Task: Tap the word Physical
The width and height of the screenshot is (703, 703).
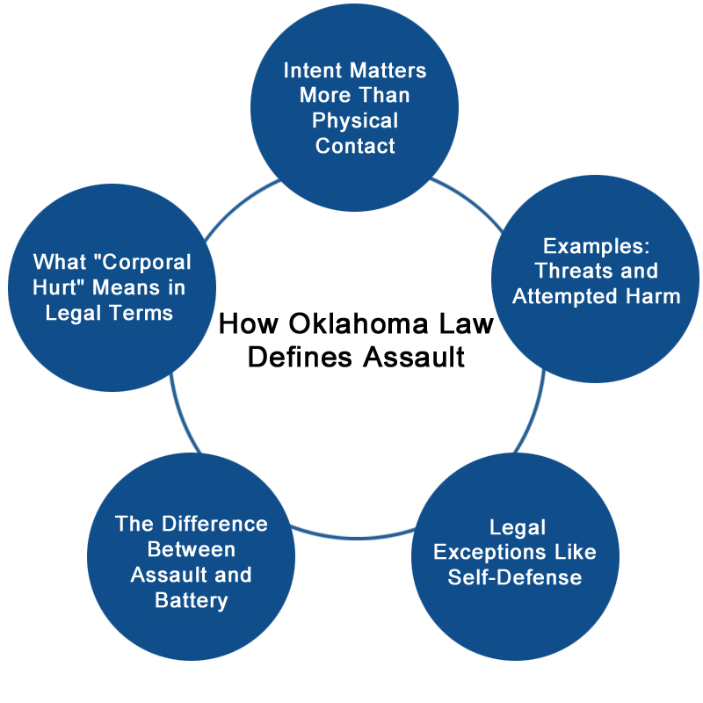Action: click(x=355, y=120)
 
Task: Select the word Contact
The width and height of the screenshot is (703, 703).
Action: click(x=355, y=146)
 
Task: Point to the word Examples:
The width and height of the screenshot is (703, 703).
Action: click(x=596, y=245)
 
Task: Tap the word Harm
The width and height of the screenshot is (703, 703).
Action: click(x=657, y=296)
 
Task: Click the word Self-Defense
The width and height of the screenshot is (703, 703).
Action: click(x=515, y=577)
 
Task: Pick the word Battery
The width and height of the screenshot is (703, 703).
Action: click(x=192, y=600)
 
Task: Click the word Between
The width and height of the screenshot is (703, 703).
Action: click(x=192, y=549)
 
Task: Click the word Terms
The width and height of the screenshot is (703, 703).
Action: click(x=144, y=313)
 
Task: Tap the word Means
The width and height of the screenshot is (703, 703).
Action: click(x=136, y=287)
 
